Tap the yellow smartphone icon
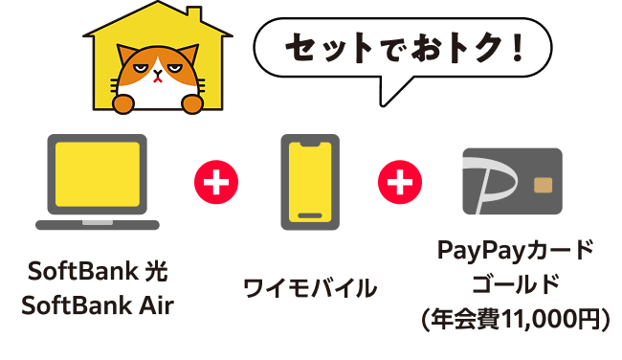click(309, 182)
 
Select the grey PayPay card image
click(512, 182)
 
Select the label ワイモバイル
click(310, 287)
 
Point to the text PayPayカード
click(515, 252)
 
